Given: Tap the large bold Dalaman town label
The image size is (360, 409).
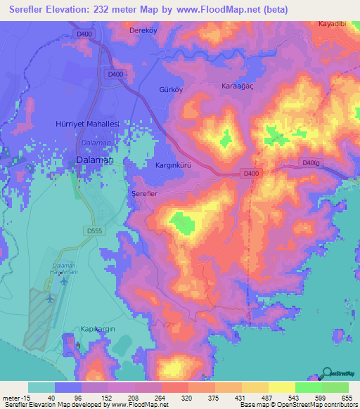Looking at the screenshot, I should (x=94, y=160).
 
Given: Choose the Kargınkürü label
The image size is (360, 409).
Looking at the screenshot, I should (x=174, y=164).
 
